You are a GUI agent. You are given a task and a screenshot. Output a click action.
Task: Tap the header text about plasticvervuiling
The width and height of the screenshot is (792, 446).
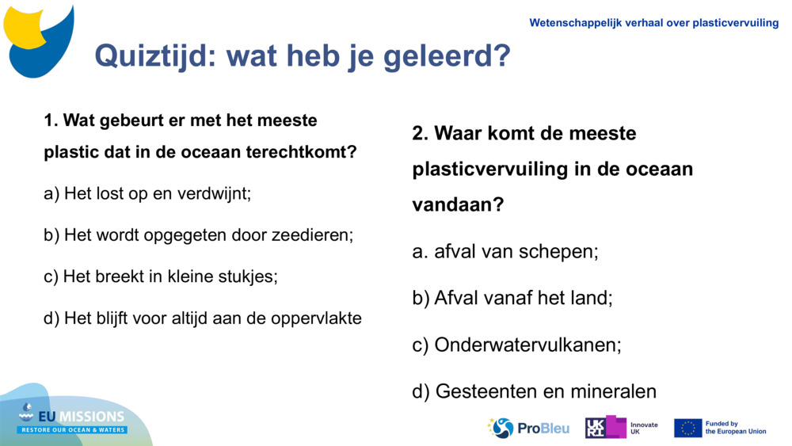coord(653,23)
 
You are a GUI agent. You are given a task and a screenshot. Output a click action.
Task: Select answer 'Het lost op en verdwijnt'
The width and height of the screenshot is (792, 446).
coord(147,193)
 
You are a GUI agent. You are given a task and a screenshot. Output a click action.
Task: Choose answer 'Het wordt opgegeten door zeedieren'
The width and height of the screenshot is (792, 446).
coord(198,235)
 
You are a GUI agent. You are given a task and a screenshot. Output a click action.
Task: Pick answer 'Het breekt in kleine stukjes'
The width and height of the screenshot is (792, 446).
coord(161,276)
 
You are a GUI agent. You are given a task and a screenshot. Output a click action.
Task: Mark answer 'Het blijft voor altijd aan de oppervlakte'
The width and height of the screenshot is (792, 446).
coord(203,318)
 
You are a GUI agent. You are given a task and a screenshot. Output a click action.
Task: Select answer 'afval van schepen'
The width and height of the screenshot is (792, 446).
coord(505,252)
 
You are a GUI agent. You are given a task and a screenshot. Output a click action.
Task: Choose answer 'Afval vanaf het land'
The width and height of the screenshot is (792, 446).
coord(512,298)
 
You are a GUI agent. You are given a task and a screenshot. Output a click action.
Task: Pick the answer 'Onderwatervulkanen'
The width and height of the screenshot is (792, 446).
coord(516,345)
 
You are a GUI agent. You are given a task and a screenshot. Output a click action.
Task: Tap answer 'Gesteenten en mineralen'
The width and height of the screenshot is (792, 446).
coord(535,391)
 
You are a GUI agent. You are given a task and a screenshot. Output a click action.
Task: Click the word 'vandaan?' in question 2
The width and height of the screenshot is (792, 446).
coord(458,204)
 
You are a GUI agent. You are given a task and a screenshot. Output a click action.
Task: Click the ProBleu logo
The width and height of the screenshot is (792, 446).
coord(529,428)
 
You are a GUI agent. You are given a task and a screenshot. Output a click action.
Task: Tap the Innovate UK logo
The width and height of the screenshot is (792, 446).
coord(621,428)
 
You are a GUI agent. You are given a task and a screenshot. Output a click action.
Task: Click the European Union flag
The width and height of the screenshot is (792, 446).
coord(687,428)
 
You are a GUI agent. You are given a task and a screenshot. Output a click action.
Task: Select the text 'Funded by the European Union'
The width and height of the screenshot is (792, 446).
coord(735,428)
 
